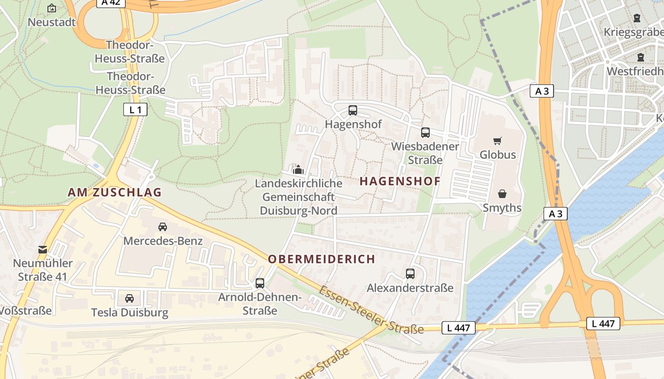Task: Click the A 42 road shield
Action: coord(111,2)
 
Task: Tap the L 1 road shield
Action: coord(135,110)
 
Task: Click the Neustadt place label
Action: coord(52,22)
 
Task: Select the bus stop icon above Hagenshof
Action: coord(353,110)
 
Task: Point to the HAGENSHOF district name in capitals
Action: coord(400,181)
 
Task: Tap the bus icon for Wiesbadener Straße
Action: coord(425,133)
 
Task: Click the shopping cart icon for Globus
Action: coord(497,141)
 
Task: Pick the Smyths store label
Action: coord(502,208)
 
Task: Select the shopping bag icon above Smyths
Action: coord(502,194)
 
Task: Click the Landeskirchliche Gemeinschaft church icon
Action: coord(298,169)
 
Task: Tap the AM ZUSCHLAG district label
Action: coord(114,192)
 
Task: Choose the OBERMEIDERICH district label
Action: coord(321,259)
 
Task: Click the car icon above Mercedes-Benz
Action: coord(163,226)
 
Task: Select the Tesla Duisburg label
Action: coord(129,313)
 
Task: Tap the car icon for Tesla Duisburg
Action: coord(129,298)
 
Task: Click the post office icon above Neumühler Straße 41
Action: coord(43,249)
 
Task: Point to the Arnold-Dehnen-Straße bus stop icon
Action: coord(260,283)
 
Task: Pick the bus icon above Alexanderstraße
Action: coord(410,274)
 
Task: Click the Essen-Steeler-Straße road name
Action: coord(371,311)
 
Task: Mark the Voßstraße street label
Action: coord(26,311)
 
